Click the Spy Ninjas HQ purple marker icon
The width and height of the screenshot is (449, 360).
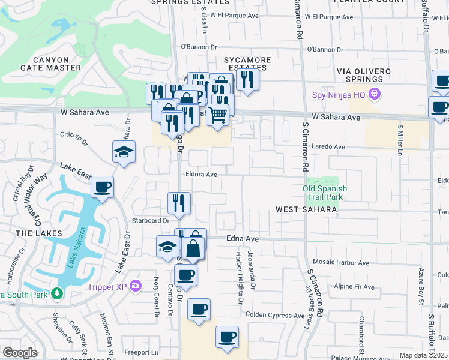point(375,94)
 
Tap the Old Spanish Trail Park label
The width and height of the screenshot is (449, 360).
point(324,192)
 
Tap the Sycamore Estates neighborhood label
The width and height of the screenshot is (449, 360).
point(247,64)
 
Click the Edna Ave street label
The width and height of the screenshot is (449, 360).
point(243,239)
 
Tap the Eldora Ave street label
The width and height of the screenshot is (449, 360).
point(201,174)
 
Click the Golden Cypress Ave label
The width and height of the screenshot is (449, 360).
point(275,316)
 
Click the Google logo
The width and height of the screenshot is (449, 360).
point(20,353)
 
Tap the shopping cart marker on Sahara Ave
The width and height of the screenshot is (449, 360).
point(218,113)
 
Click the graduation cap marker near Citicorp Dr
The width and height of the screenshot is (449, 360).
point(124,152)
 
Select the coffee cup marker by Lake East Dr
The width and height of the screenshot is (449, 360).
point(103,187)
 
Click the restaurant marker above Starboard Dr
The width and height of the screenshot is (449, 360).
point(179,202)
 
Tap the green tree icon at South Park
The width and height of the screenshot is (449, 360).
point(56,293)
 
